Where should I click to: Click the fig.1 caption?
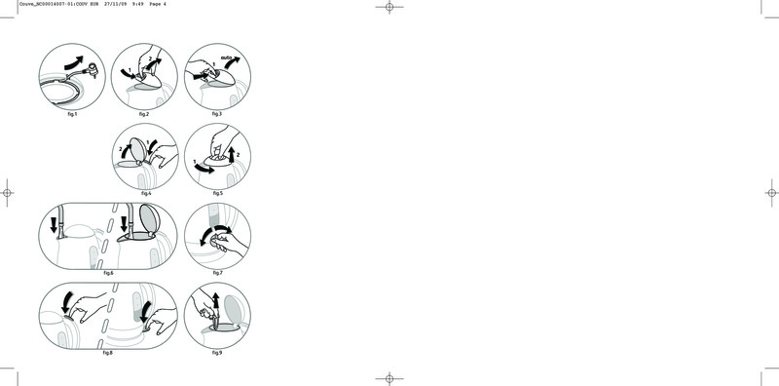click(x=72, y=114)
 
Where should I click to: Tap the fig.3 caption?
click(x=216, y=114)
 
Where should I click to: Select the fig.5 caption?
click(x=217, y=193)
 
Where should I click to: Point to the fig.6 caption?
click(x=108, y=273)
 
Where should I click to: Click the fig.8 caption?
click(x=108, y=353)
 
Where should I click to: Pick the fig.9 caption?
click(x=217, y=353)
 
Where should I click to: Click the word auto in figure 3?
click(x=227, y=58)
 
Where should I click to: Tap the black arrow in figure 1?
click(x=74, y=62)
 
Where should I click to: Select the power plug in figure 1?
click(x=93, y=70)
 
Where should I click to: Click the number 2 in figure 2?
click(x=150, y=59)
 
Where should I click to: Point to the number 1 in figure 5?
click(x=195, y=162)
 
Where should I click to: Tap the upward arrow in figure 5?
click(x=231, y=155)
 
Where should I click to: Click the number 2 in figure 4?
click(x=121, y=149)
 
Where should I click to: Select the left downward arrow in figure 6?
click(x=54, y=225)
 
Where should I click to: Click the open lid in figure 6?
click(x=151, y=217)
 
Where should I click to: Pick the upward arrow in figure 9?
click(x=215, y=301)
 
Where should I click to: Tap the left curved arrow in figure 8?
click(x=66, y=302)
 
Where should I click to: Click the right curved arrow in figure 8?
click(x=145, y=312)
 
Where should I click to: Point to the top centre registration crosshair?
click(x=389, y=7)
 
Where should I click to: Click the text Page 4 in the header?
click(x=158, y=4)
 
